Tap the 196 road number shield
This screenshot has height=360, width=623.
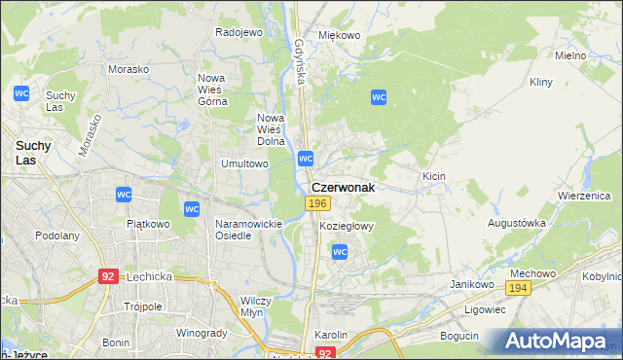pos(315,202)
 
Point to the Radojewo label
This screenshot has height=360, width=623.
pos(239,32)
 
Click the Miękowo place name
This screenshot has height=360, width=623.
pos(340,35)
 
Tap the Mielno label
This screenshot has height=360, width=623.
pos(570,56)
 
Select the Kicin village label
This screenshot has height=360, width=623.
pos(433,176)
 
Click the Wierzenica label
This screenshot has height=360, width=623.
pos(583,195)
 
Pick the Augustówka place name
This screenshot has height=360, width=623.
pos(517,223)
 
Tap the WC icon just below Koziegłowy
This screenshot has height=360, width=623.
pos(340,252)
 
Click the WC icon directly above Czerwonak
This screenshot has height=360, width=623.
pos(306,158)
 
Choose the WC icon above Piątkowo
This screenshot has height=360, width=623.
pos(124,195)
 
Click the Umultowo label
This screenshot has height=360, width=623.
pos(244,164)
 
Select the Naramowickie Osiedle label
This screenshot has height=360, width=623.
pos(248,229)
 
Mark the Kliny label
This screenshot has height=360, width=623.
pos(541,84)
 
